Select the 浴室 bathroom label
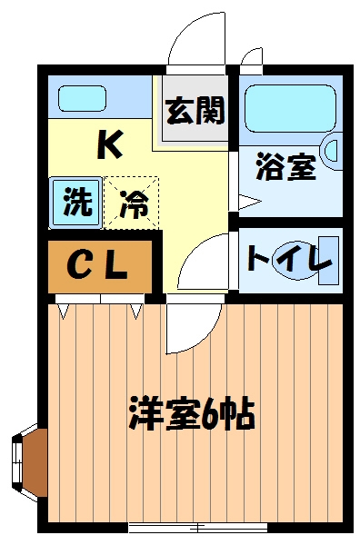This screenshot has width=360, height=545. pyautogui.click(x=285, y=170)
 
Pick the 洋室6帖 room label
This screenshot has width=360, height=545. pyautogui.click(x=190, y=415)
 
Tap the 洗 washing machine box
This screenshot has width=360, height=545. pyautogui.click(x=76, y=201)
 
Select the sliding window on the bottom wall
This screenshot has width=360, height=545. pyautogui.click(x=195, y=527)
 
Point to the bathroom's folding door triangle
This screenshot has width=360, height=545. pyautogui.click(x=243, y=201)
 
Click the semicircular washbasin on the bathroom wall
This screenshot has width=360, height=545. pyautogui.click(x=332, y=154)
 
